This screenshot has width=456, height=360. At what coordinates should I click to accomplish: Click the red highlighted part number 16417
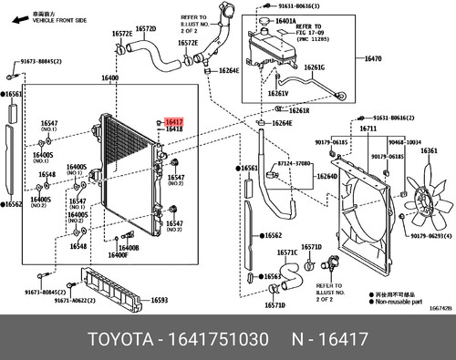click(174, 119)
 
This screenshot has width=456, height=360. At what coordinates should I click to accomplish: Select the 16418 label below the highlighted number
click(174, 129)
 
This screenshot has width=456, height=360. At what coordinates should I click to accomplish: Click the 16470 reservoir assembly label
click(373, 58)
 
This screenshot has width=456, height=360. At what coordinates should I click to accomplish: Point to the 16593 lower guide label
click(159, 300)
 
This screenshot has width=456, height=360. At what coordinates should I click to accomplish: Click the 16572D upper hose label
click(146, 29)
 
